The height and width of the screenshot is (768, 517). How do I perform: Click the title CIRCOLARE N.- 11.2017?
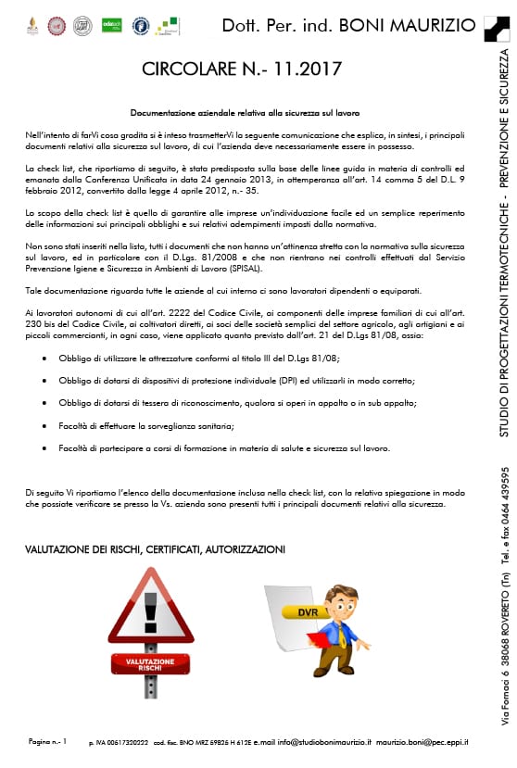pyautogui.click(x=242, y=69)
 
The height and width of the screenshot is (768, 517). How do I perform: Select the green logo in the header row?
pyautogui.click(x=111, y=25)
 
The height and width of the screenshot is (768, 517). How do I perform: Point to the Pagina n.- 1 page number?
pyautogui.click(x=48, y=742)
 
